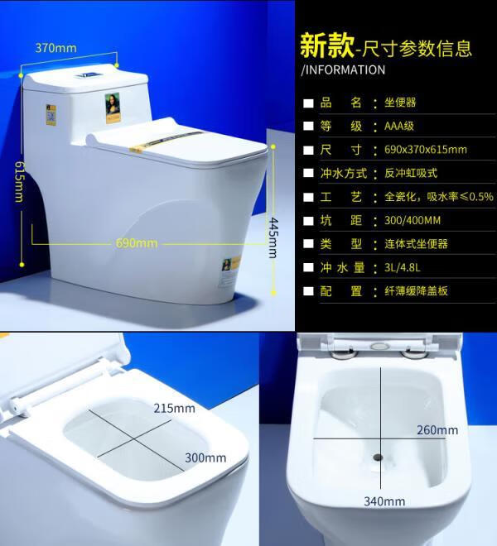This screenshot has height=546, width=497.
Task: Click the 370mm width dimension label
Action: tap(55, 48)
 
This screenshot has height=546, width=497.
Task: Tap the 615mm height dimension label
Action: tap(20, 181)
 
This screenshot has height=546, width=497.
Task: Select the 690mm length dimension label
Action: tap(137, 242)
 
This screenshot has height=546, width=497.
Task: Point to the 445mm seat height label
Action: tap(273, 237)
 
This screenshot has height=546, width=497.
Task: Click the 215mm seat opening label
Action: tap(175, 408)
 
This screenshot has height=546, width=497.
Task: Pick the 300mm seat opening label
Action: tap(205, 457)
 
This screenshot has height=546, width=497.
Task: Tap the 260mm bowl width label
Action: tap(437, 430)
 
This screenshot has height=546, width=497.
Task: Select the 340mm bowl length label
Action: tap(384, 501)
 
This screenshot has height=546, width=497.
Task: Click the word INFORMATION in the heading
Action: tap(345, 69)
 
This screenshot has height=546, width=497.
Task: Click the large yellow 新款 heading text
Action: tap(327, 45)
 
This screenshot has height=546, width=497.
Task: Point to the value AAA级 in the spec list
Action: tap(399, 126)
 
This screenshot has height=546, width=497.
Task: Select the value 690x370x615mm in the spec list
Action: tap(426, 150)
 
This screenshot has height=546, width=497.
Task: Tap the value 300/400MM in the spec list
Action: tap(413, 220)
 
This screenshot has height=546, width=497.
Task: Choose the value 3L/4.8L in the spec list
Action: tap(402, 267)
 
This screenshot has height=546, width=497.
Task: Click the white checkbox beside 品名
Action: tap(308, 103)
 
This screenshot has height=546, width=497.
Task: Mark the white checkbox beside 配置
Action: tap(308, 291)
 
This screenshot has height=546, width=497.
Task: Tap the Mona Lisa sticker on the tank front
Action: tap(113, 108)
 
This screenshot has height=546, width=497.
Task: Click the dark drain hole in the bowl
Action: tap(378, 457)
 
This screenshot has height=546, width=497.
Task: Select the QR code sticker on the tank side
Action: tap(51, 115)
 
